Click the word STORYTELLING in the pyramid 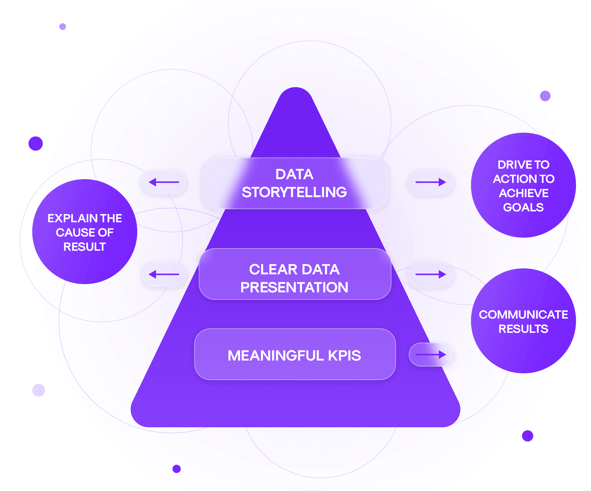294,192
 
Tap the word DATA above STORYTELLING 294,174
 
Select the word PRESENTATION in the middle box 294,287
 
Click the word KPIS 344,356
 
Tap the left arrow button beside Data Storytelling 163,182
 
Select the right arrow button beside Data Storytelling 431,182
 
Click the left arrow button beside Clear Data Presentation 163,274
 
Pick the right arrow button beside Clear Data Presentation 431,274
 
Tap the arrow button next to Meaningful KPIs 431,355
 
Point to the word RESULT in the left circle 84,247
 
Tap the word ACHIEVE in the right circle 523,193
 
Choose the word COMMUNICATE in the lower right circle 523,315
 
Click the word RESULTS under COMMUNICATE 523,329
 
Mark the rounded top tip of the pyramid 295,93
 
